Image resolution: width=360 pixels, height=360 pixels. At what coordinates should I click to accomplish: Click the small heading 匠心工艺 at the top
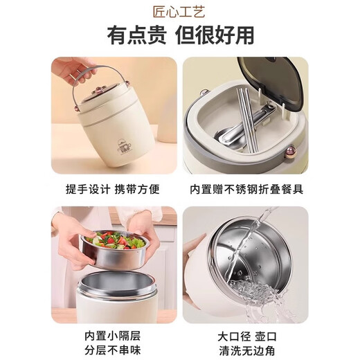click(x=180, y=12)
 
